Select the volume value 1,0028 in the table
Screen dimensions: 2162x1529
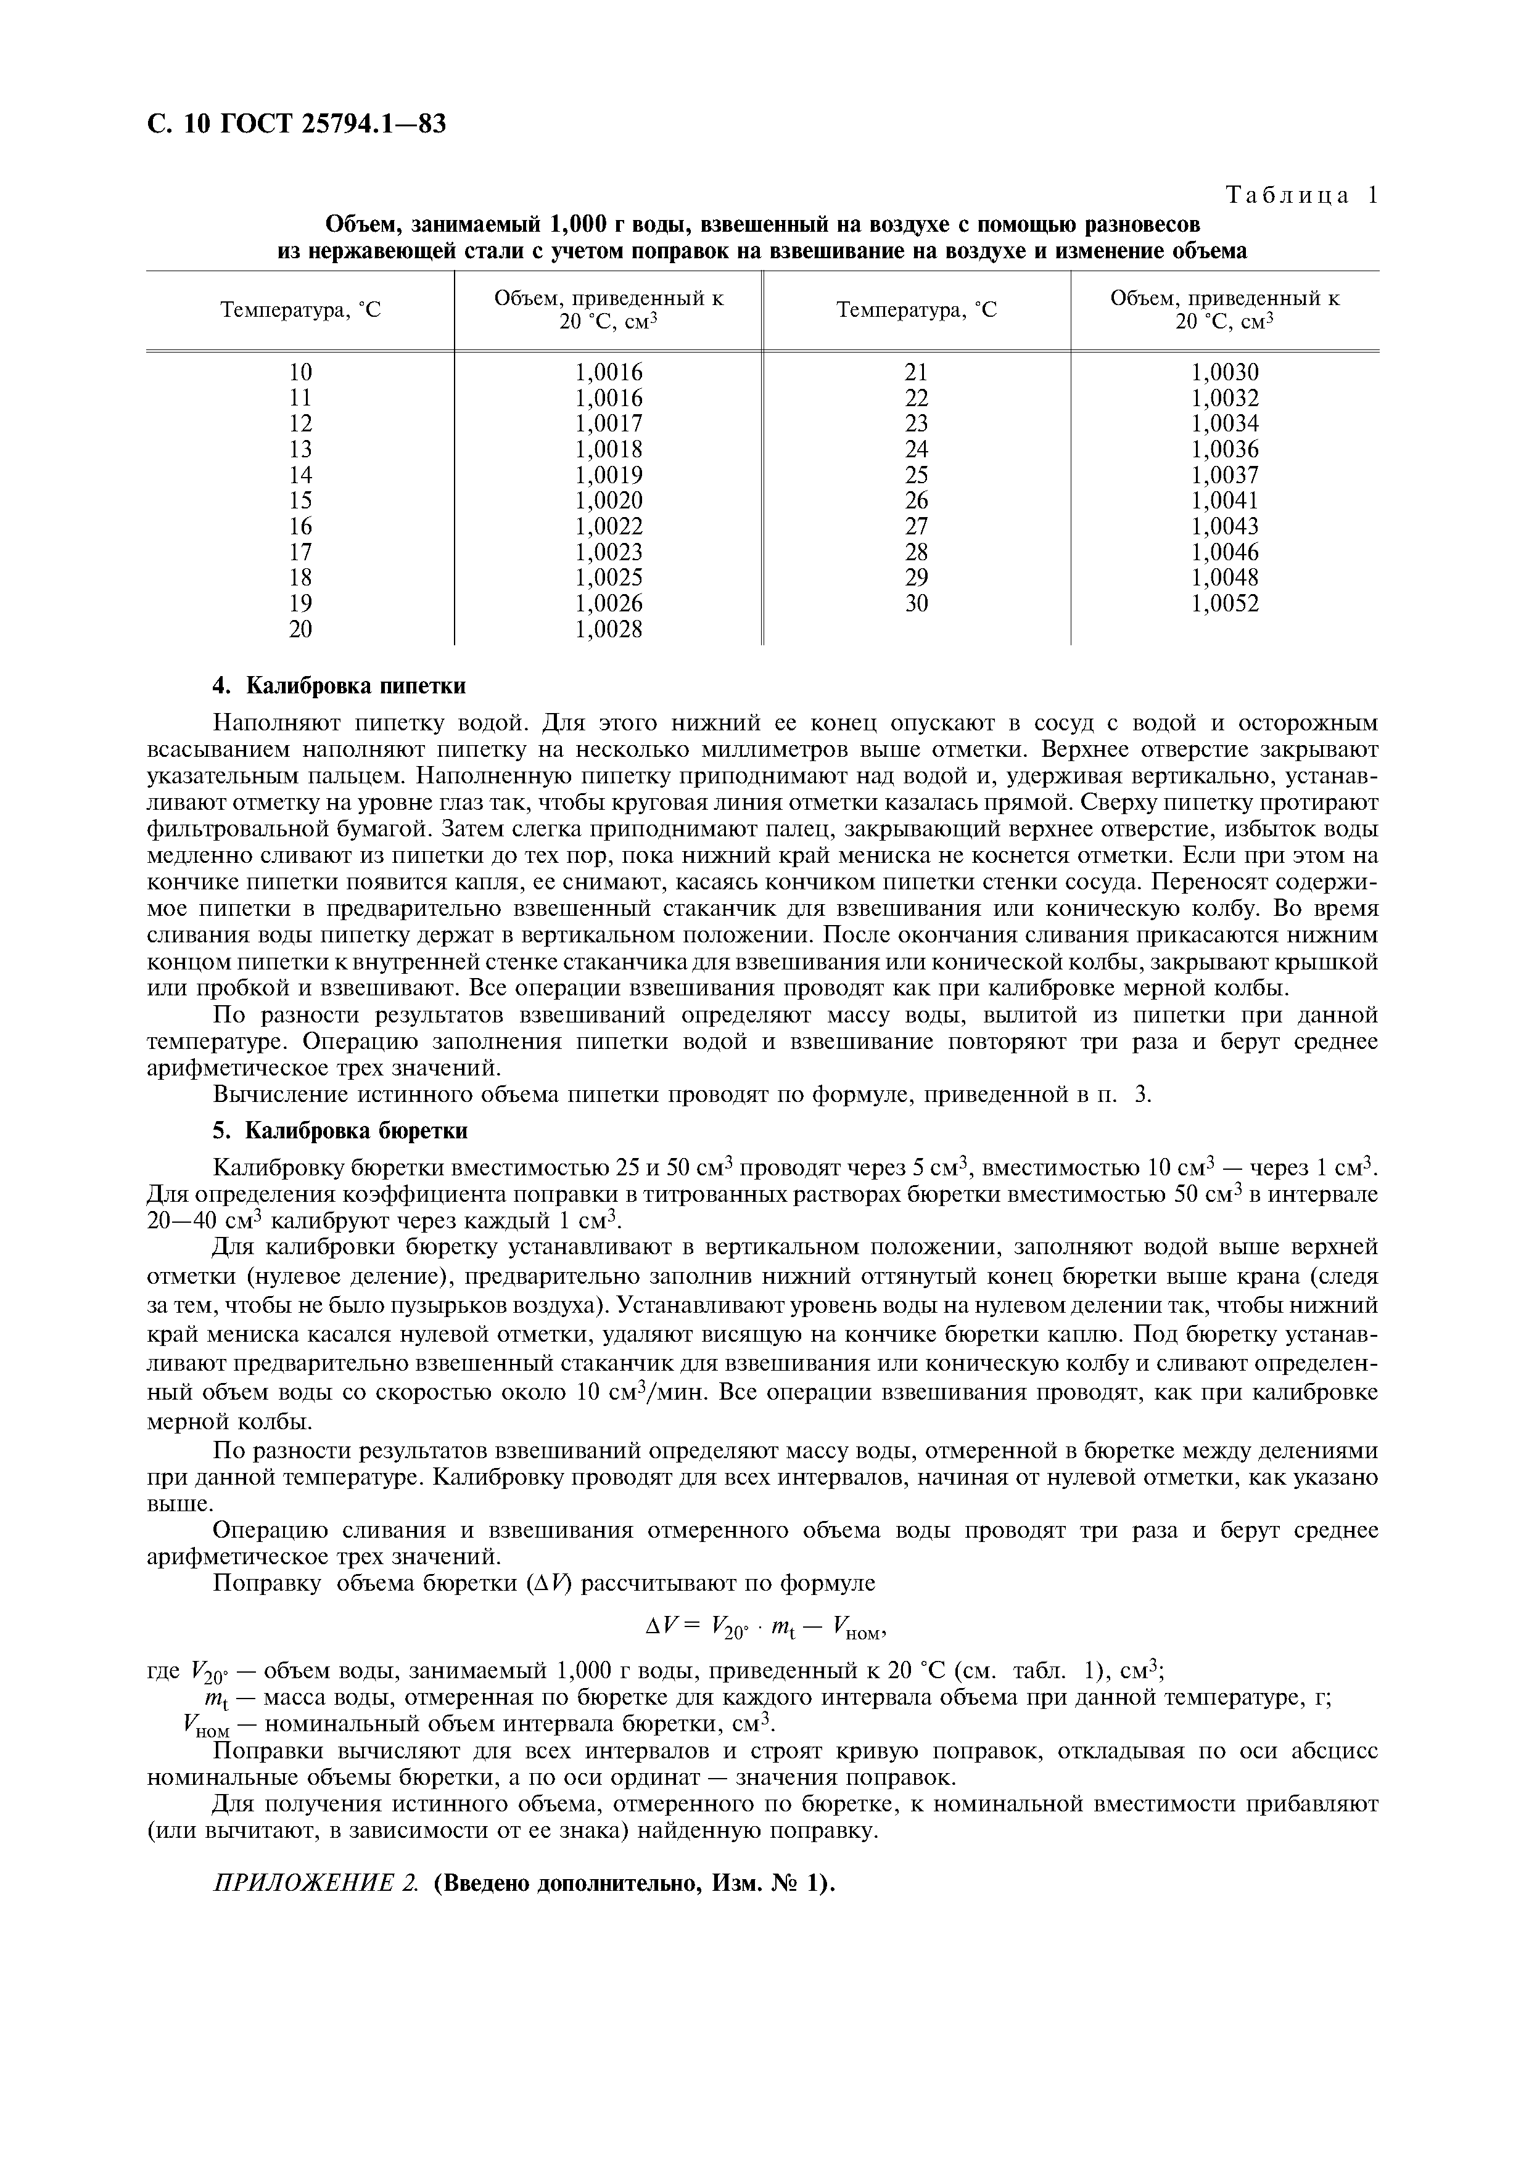609,629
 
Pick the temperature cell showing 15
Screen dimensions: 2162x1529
300,500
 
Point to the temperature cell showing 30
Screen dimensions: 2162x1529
917,603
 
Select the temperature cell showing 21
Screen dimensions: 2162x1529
917,372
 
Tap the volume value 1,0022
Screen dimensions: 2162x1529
609,526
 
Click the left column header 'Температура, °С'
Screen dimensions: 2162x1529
300,310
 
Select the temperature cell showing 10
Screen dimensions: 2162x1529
300,372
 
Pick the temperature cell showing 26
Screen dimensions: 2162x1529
917,500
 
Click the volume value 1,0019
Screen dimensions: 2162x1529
609,475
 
